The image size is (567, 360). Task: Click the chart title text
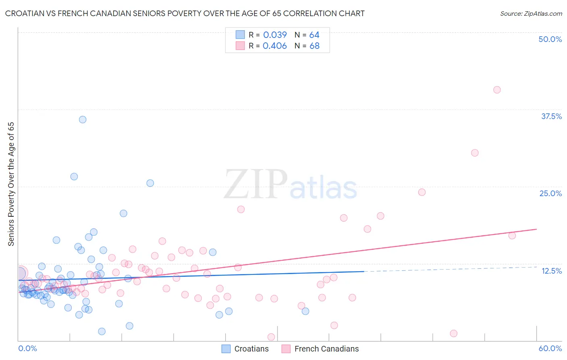coord(185,13)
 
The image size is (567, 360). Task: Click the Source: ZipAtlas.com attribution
coord(531,13)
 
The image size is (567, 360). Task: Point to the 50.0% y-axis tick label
coord(550,39)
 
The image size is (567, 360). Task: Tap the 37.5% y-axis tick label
coord(551,116)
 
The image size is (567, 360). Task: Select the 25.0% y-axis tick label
coord(550,193)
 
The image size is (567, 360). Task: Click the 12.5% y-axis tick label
coord(551,271)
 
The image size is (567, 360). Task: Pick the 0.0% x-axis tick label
coord(27,348)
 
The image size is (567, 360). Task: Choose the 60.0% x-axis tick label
coord(550,348)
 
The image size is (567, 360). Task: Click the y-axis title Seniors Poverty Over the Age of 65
coord(11,184)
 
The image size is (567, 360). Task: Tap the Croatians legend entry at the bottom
coord(245,349)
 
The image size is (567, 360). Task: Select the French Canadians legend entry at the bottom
coord(320,349)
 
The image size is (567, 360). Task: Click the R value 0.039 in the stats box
coord(275,35)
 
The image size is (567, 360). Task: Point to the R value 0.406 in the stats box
coord(275,46)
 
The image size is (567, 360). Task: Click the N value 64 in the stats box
coord(314,35)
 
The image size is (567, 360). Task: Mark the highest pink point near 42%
coord(497,90)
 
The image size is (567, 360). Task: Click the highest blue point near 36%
coord(83,119)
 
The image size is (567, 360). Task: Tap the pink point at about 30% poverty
coord(475,153)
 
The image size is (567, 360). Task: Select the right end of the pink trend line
coord(536,229)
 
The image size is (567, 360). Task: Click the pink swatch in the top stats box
coord(240,46)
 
